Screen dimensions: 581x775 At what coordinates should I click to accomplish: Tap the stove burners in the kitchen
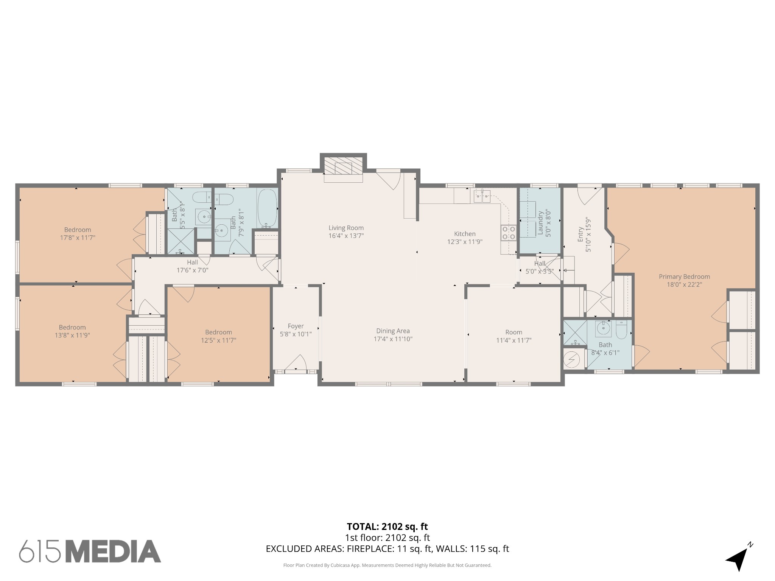509,233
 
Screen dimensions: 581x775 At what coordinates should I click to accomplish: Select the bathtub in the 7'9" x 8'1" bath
267,208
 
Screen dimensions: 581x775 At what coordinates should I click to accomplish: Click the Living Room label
346,228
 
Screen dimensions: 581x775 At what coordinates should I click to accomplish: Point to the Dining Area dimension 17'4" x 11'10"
393,339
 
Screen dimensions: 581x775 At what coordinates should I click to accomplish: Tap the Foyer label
296,326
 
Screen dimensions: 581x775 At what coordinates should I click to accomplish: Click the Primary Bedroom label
684,277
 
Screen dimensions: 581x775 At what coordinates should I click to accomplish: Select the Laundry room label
540,223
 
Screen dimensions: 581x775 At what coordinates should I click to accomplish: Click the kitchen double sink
482,196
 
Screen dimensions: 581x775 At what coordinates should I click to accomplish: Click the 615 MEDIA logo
90,551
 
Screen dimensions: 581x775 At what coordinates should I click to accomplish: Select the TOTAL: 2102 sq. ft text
387,527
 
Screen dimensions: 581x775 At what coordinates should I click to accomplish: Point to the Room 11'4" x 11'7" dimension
514,340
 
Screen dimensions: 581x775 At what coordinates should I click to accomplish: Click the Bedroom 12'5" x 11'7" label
218,332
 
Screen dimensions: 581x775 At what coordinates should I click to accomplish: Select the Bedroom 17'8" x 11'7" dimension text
78,238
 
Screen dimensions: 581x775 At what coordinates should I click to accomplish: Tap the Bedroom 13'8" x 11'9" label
72,327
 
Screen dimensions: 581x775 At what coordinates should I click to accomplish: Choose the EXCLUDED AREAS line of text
387,549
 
